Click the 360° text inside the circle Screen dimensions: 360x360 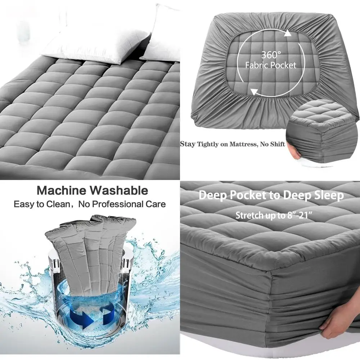(271, 55)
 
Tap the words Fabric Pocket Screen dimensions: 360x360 (271, 65)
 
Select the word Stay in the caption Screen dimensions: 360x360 (188, 144)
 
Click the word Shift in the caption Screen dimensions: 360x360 (278, 144)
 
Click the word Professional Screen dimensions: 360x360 (123, 204)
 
